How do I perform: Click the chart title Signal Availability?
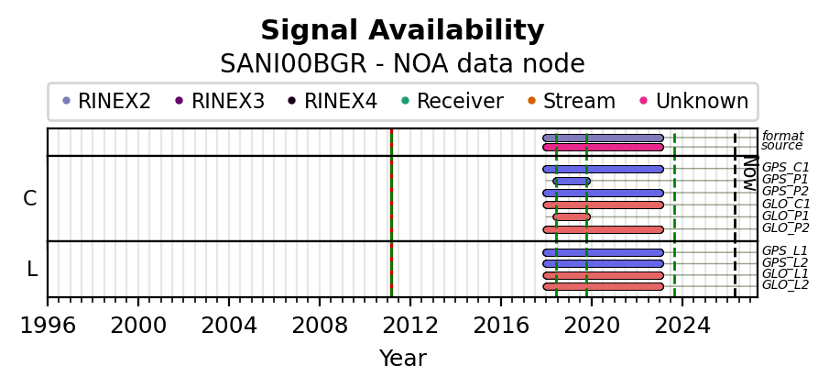tap(402, 31)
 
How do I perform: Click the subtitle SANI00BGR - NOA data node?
tap(402, 64)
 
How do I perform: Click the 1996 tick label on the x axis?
tap(48, 326)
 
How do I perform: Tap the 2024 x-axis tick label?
tap(682, 326)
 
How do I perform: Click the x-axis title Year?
tap(402, 359)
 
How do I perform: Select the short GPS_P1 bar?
tap(572, 181)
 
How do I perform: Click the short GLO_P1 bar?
tap(572, 216)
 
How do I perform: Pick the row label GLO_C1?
tap(785, 204)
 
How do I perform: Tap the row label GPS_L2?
tap(785, 262)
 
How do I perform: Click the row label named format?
tap(781, 136)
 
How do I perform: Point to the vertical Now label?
tap(749, 173)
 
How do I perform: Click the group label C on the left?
tap(30, 199)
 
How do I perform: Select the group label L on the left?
tap(32, 270)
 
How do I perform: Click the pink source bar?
tap(603, 147)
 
